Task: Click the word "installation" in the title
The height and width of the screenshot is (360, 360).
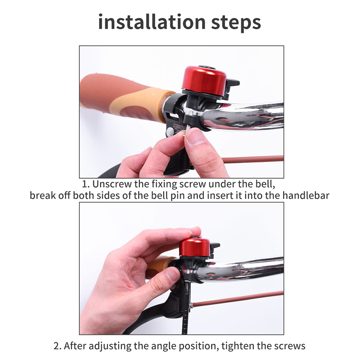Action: [x=152, y=22]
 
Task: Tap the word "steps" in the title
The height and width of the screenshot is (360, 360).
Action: [x=236, y=23]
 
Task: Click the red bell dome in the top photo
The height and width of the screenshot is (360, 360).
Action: [x=204, y=78]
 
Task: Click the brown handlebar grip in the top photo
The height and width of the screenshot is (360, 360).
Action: [x=124, y=99]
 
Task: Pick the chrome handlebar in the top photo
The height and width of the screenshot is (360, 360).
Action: [x=243, y=116]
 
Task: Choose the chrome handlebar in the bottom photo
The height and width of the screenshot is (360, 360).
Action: [x=241, y=271]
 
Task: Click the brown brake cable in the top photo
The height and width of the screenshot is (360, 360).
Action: [x=252, y=159]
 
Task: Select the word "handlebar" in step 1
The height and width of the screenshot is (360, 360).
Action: [x=306, y=196]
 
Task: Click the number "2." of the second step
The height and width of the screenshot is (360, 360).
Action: [x=58, y=346]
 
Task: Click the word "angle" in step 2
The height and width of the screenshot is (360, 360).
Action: [x=164, y=346]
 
